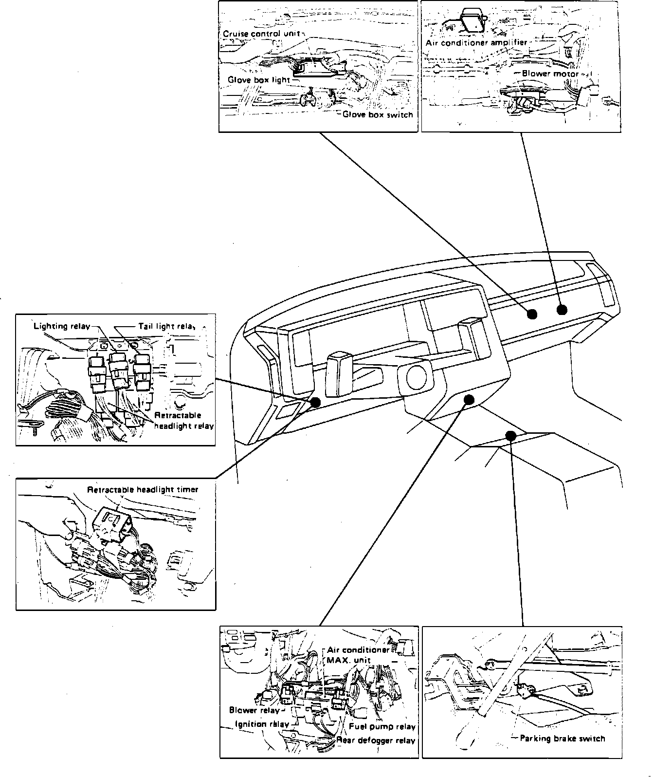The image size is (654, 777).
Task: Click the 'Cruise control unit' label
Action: tap(261, 34)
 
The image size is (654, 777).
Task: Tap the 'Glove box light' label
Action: tap(258, 79)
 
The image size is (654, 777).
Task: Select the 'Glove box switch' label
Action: tap(377, 115)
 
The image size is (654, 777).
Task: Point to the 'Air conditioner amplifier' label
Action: tap(476, 43)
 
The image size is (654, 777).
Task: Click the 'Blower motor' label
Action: tap(550, 74)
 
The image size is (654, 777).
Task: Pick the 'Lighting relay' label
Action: tap(61, 326)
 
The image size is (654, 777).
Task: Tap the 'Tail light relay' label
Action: tap(166, 326)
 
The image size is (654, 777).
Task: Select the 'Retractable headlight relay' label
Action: tap(183, 421)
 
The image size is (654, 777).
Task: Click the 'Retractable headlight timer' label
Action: tap(143, 489)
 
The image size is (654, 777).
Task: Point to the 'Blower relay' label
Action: tap(254, 710)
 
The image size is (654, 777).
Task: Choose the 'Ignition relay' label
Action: tap(262, 724)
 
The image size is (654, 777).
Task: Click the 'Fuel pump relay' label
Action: tap(382, 727)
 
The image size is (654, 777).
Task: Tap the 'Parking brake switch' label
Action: tap(562, 739)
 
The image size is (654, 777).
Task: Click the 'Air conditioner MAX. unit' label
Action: tap(358, 655)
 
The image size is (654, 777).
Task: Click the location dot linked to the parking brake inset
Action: tap(510, 436)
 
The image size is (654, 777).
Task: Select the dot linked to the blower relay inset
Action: tap(469, 400)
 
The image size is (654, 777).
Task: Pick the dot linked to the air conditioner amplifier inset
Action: tap(562, 310)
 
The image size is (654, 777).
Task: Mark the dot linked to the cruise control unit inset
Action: tap(532, 314)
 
